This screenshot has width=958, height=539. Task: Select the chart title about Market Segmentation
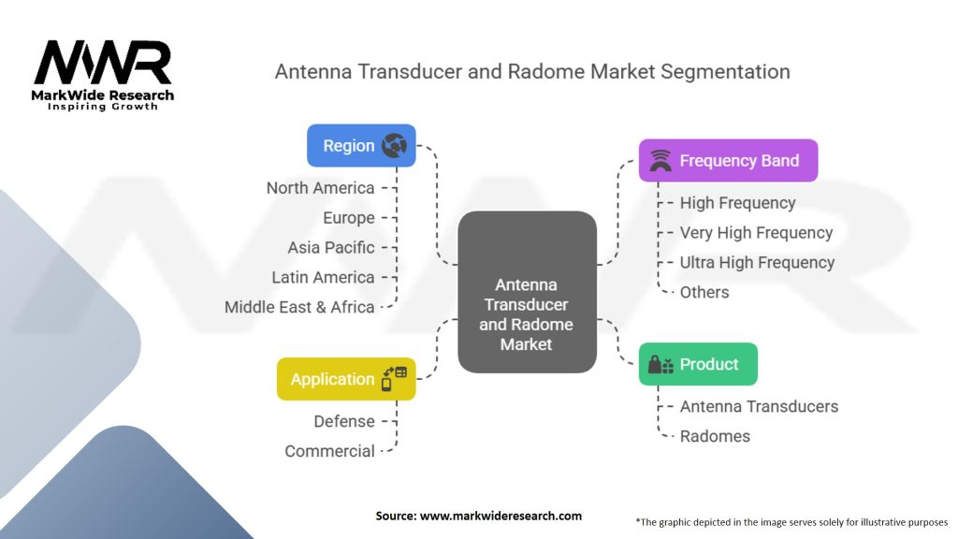point(531,71)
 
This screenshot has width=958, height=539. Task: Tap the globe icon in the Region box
point(394,146)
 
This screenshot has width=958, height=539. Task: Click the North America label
point(320,188)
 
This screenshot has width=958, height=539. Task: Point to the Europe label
point(348,218)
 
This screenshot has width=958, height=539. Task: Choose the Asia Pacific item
point(331,248)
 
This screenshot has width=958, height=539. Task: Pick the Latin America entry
point(323,278)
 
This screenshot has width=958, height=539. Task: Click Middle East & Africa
point(299,307)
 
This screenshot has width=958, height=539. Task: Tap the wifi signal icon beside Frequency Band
point(660,161)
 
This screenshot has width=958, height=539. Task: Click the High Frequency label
point(737,203)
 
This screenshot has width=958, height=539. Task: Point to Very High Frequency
point(756,233)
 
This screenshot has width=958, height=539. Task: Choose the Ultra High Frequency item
point(757,263)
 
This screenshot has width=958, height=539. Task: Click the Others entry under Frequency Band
point(704,292)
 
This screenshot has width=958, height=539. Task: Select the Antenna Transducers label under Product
point(759,406)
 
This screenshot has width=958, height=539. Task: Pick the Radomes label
point(715,436)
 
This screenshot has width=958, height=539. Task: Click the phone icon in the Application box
point(393,379)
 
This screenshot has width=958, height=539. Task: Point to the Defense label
point(344,421)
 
